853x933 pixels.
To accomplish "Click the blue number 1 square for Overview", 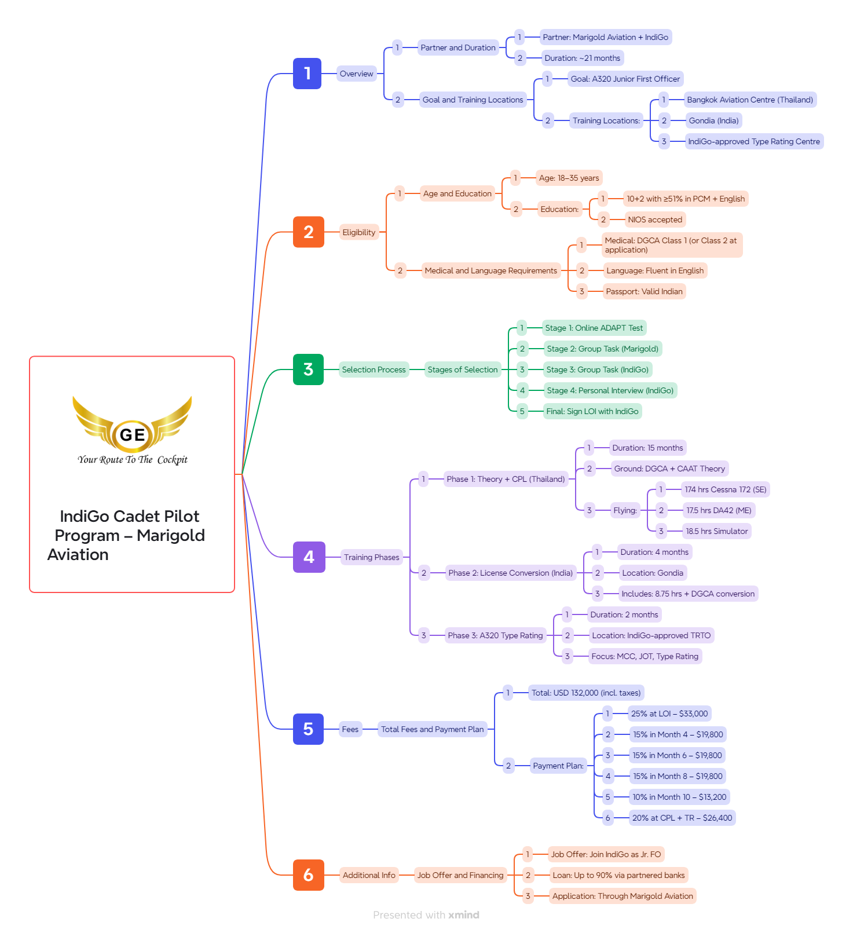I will [x=307, y=74].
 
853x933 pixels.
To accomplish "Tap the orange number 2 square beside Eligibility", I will [x=308, y=232].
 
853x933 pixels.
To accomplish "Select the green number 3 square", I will [x=308, y=369].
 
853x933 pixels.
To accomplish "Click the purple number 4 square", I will [x=309, y=557].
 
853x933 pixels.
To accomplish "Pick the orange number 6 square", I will [x=308, y=875].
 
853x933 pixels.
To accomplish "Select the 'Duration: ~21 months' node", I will [x=582, y=58].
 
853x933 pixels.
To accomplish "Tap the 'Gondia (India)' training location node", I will [x=713, y=120].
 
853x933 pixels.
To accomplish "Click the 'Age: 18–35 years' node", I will [x=569, y=178].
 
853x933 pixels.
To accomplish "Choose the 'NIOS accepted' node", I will [x=655, y=219].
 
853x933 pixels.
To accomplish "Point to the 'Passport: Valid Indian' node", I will [x=644, y=291].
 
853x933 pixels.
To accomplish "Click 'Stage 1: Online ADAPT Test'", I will [x=594, y=328].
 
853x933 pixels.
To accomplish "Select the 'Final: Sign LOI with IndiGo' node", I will [x=592, y=411].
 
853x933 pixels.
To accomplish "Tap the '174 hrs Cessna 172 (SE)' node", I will [x=725, y=489].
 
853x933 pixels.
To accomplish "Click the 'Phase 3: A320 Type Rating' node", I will [x=495, y=635].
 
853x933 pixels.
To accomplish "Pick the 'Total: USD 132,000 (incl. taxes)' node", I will [x=586, y=693].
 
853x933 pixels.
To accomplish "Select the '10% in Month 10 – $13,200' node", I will [x=679, y=797].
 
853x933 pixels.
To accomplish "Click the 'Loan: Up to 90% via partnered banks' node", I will [x=618, y=875].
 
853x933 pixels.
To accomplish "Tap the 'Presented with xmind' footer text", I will [x=426, y=915].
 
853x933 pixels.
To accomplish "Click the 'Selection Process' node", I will [x=374, y=369].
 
